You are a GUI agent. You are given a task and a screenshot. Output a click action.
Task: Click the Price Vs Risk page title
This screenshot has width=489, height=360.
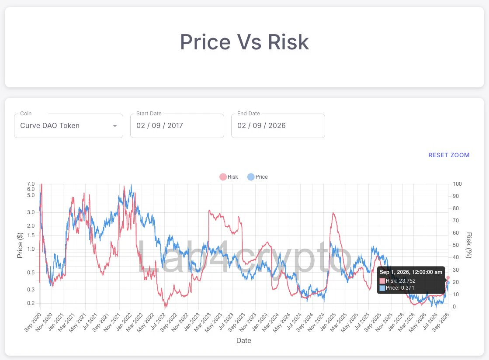click(245, 42)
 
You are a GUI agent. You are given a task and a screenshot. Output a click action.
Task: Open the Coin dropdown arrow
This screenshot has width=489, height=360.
click(115, 126)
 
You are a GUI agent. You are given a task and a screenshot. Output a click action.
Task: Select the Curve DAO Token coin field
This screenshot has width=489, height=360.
click(69, 126)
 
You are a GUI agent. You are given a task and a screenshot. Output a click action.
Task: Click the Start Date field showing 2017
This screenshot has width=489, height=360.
click(177, 126)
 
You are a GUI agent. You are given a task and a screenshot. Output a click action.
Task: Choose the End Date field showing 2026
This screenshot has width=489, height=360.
click(278, 126)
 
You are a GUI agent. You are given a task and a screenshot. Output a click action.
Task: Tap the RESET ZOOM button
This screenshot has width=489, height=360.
click(449, 155)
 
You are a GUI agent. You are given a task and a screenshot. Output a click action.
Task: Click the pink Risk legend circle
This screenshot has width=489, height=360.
click(223, 177)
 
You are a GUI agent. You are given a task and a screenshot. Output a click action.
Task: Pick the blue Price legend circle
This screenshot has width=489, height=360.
click(251, 177)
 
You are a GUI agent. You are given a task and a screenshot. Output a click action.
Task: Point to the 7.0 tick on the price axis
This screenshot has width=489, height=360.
click(31, 184)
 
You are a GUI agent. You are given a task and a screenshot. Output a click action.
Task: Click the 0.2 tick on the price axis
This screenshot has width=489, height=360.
click(31, 303)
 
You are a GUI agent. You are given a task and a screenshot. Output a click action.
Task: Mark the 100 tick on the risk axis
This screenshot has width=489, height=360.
click(457, 184)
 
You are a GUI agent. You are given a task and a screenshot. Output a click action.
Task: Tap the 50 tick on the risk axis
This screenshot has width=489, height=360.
click(456, 245)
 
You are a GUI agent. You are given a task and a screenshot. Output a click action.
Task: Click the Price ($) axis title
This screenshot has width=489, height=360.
click(20, 245)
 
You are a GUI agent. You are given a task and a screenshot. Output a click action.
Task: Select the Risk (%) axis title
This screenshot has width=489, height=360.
click(469, 245)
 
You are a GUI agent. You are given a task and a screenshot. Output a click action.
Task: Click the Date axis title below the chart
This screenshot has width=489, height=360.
click(243, 340)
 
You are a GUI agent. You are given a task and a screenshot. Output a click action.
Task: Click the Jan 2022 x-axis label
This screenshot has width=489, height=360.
click(124, 322)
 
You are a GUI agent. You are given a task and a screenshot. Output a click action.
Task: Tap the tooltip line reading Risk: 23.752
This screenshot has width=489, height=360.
click(400, 281)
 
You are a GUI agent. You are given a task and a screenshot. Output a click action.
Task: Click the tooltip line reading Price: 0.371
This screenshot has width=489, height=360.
click(400, 288)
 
